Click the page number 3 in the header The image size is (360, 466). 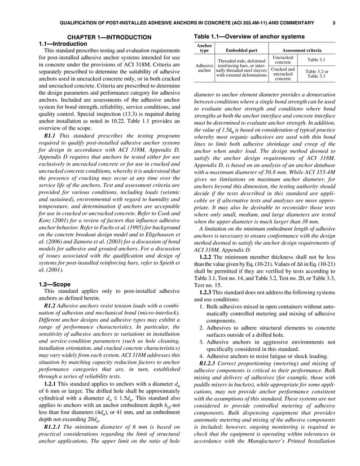click(333, 23)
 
